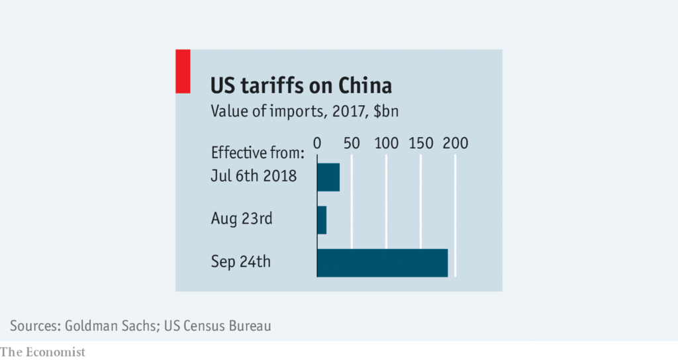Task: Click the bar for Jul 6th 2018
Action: click(x=328, y=177)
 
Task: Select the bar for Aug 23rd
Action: click(x=322, y=220)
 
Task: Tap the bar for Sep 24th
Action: click(x=383, y=262)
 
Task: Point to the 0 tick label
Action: click(x=317, y=143)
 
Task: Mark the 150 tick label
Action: click(x=421, y=143)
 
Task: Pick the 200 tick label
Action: click(x=456, y=143)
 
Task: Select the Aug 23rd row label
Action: click(x=242, y=219)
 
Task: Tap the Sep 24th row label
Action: click(x=241, y=261)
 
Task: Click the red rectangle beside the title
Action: click(x=183, y=71)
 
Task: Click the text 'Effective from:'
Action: click(x=257, y=153)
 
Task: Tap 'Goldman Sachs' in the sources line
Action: click(x=109, y=326)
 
